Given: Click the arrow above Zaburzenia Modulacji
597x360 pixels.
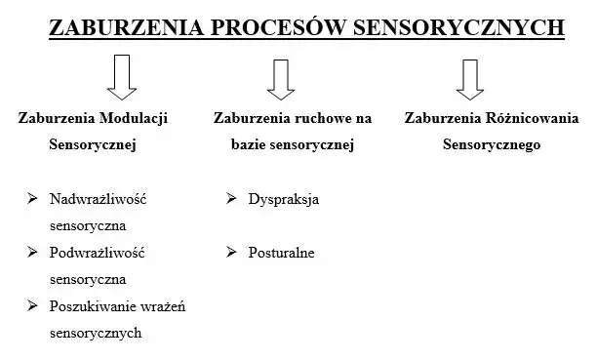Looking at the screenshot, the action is pyautogui.click(x=122, y=77).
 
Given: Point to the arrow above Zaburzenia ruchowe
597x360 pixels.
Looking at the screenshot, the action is pyautogui.click(x=281, y=79).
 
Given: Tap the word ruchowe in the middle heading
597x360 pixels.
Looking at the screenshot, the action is pyautogui.click(x=315, y=118).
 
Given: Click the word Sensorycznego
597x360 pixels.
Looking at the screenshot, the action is pyautogui.click(x=492, y=145).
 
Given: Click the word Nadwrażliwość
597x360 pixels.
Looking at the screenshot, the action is pyautogui.click(x=98, y=199).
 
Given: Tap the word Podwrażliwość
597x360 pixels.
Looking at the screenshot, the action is pyautogui.click(x=97, y=253).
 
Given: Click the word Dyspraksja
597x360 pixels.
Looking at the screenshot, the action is pyautogui.click(x=284, y=199).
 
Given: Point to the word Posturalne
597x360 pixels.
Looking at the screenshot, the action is pyautogui.click(x=282, y=253).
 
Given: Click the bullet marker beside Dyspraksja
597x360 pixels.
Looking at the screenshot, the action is pyautogui.click(x=231, y=198).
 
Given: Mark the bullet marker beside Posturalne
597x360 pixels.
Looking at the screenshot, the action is pyautogui.click(x=231, y=252).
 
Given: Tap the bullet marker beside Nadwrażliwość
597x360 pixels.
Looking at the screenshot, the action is pyautogui.click(x=32, y=198).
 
